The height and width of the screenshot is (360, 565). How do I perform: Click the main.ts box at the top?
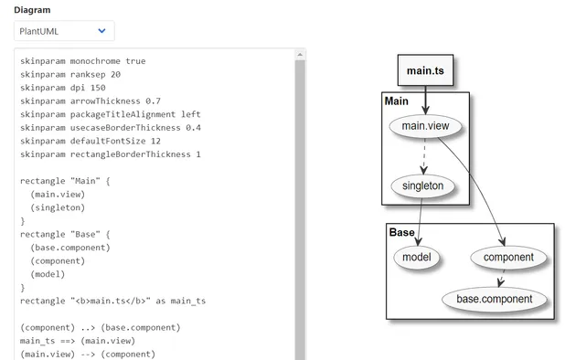(x=425, y=70)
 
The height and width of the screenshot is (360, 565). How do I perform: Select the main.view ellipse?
(x=425, y=125)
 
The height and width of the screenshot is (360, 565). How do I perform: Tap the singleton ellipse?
(x=422, y=186)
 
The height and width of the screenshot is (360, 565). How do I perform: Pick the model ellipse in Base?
(x=418, y=257)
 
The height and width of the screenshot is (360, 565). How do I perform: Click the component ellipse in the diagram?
(x=508, y=257)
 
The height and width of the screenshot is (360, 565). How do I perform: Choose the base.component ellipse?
(x=494, y=298)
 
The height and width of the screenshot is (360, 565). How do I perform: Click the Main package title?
(x=397, y=101)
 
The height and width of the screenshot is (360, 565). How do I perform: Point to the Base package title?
(x=401, y=232)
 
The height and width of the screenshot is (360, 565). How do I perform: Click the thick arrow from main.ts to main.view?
(x=425, y=99)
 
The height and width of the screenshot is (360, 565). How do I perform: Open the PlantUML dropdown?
(x=64, y=31)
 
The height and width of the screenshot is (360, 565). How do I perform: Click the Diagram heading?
(x=32, y=10)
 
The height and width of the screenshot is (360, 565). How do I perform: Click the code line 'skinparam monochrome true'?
(x=82, y=61)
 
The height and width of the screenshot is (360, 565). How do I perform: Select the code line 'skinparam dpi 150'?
(x=62, y=88)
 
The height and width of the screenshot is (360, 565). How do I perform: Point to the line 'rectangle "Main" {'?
(x=64, y=181)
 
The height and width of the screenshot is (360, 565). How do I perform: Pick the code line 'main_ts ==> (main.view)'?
(x=83, y=341)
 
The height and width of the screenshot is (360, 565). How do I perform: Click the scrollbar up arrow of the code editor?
(x=300, y=56)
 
